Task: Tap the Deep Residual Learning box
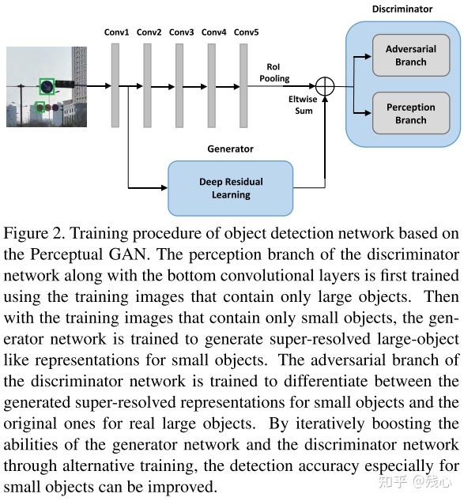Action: (230, 188)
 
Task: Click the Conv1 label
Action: (116, 32)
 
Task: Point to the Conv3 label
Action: (181, 32)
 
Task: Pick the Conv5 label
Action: (246, 32)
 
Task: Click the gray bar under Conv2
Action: (148, 85)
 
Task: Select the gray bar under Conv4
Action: (213, 85)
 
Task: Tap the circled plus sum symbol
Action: (325, 86)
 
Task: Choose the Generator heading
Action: (230, 149)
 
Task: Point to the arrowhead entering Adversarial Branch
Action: (368, 56)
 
